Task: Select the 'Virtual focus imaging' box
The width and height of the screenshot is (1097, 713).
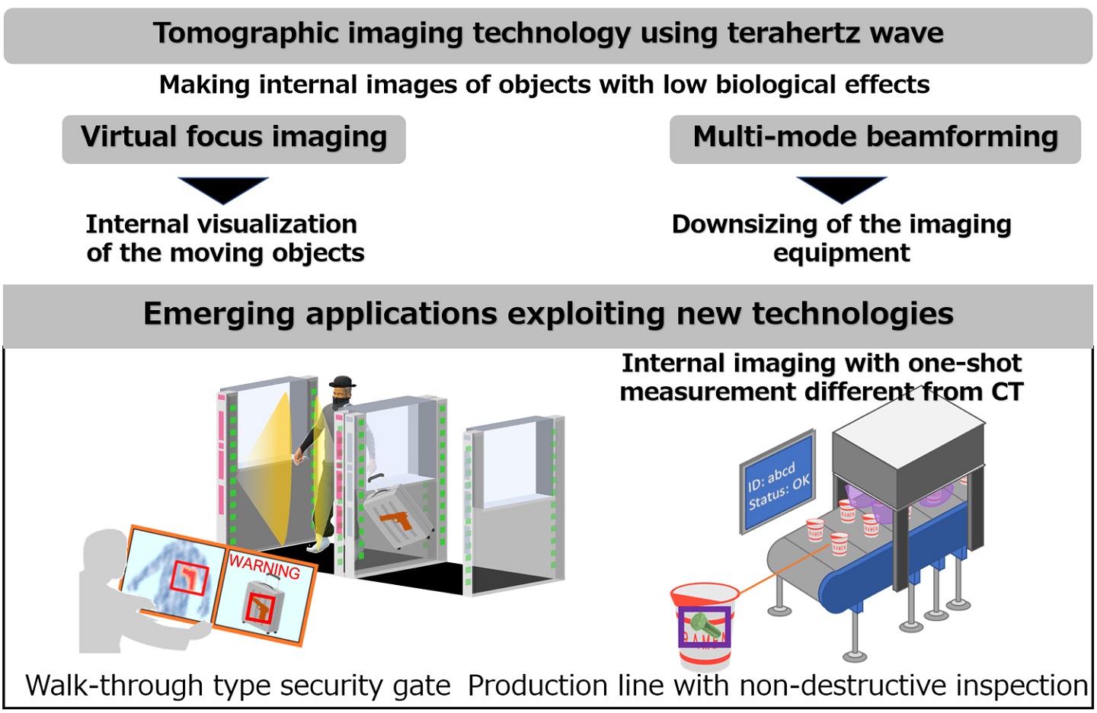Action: tap(234, 139)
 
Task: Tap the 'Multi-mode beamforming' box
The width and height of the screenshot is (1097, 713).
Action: tap(875, 139)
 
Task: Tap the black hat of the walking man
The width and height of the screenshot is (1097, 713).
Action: tap(342, 382)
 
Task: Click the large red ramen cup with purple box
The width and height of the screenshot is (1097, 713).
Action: tap(704, 625)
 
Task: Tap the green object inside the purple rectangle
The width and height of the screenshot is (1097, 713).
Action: tap(705, 628)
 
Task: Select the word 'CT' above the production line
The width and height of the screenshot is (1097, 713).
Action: tap(1006, 392)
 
